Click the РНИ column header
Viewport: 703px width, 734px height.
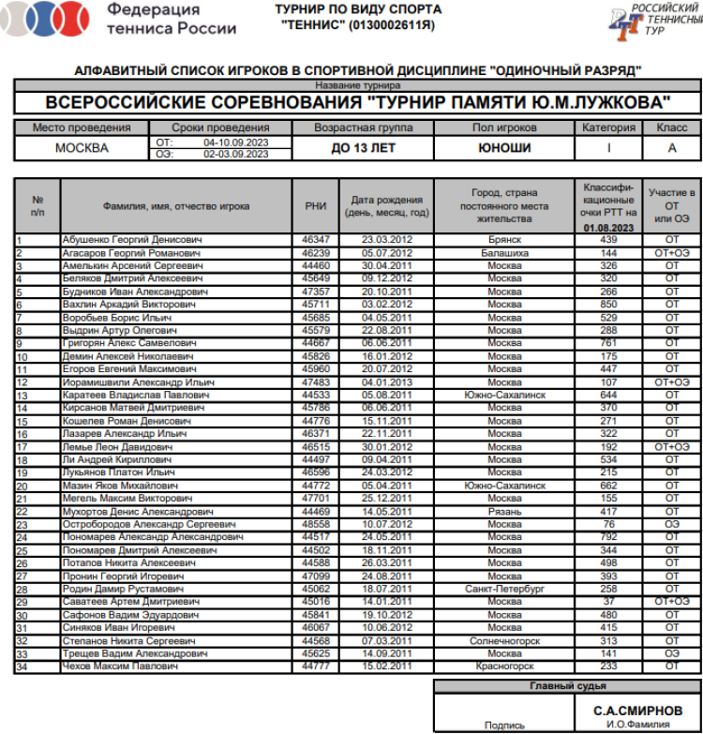point(316,206)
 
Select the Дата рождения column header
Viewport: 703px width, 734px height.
point(387,206)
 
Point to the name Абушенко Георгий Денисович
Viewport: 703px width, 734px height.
point(132,240)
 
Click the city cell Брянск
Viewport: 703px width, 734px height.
point(504,240)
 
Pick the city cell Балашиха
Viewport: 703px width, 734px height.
point(504,253)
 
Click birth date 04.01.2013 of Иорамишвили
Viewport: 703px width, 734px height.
point(387,382)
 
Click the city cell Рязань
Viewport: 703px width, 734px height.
point(504,512)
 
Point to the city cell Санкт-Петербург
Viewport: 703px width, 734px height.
point(504,590)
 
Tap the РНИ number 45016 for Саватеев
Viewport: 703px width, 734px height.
point(316,601)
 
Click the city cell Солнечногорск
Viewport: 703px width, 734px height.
point(504,641)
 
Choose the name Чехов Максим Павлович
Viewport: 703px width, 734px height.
point(121,667)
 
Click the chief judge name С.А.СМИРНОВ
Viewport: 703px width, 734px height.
point(636,710)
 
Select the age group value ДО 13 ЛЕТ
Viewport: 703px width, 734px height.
point(364,148)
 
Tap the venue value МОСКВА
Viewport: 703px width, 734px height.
point(82,148)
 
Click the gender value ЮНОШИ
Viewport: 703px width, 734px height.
point(504,148)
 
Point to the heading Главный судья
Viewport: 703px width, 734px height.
point(567,686)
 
